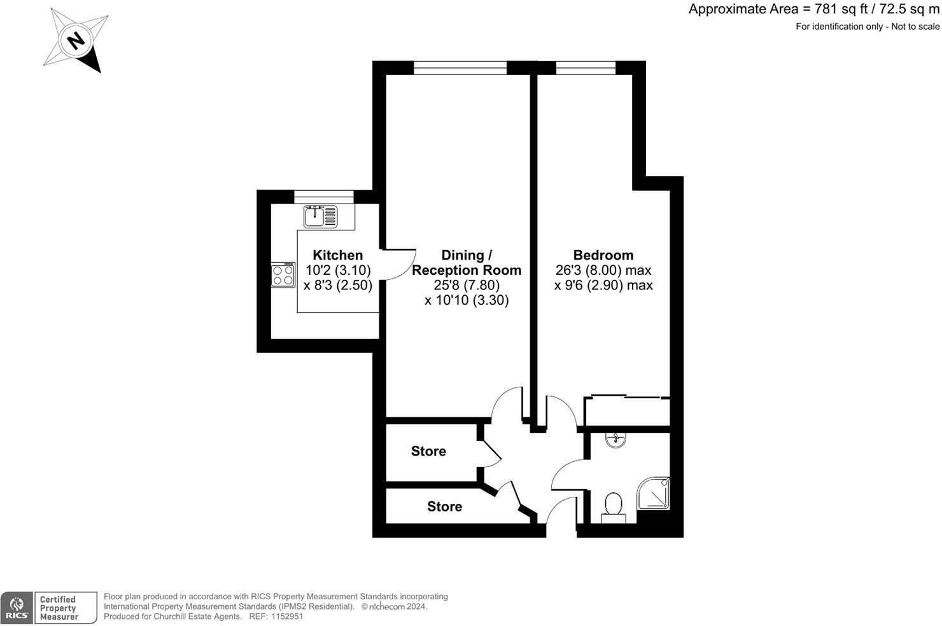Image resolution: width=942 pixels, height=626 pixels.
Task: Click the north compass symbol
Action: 76,41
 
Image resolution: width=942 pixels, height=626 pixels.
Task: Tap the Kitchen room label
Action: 337,255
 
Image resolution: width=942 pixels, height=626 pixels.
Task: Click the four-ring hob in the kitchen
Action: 283,275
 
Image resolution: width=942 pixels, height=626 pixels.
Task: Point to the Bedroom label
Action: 603,255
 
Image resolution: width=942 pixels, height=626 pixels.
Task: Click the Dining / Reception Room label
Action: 467,262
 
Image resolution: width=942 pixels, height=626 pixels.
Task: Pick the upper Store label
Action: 428,451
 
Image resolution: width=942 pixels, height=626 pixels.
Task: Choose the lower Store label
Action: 444,506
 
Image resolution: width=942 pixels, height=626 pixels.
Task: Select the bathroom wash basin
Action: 614,440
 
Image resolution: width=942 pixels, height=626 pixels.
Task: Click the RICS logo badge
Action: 17,608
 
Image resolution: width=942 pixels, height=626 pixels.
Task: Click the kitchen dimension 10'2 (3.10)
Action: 338,270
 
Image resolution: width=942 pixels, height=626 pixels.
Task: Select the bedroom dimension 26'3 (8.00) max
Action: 603,270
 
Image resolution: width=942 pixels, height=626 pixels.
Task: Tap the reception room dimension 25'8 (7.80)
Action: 467,285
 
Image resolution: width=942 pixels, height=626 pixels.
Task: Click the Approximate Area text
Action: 813,10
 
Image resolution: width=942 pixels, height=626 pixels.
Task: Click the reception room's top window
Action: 460,67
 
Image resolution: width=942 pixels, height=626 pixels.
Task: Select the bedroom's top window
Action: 586,67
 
